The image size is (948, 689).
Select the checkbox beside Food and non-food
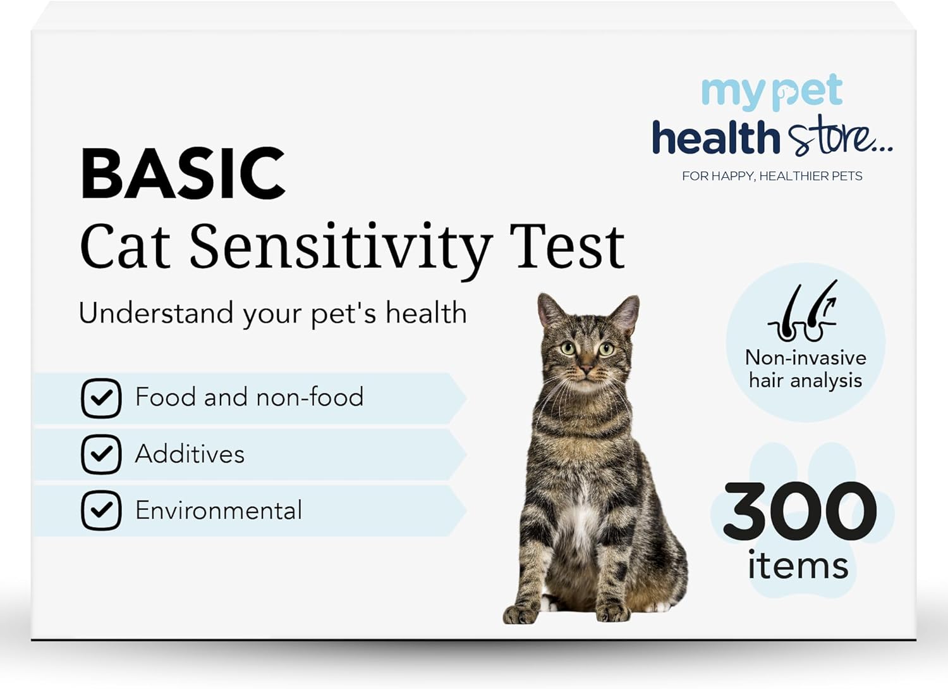pyautogui.click(x=101, y=399)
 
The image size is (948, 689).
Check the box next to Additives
pyautogui.click(x=101, y=454)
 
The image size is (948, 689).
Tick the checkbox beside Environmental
pyautogui.click(x=101, y=510)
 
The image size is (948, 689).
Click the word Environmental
pyautogui.click(x=219, y=510)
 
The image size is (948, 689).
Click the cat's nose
pyautogui.click(x=586, y=368)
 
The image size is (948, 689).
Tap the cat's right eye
pyautogui.click(x=568, y=349)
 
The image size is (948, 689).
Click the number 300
pyautogui.click(x=800, y=511)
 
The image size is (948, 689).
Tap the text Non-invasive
pyautogui.click(x=806, y=358)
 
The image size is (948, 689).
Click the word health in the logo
pyautogui.click(x=716, y=138)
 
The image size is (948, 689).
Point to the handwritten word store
pyautogui.click(x=840, y=135)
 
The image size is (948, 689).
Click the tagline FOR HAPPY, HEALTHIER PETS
pyautogui.click(x=772, y=177)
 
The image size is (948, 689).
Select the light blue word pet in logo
pyautogui.click(x=808, y=92)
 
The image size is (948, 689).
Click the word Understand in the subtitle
pyautogui.click(x=155, y=314)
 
